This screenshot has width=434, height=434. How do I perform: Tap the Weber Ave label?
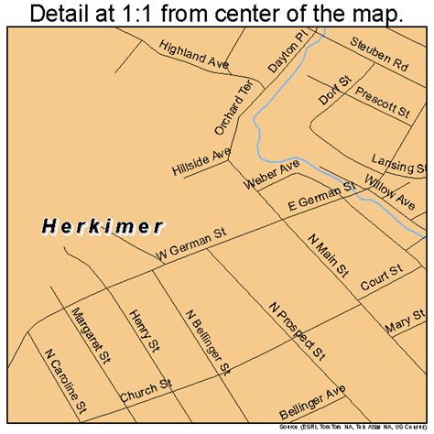(273, 174)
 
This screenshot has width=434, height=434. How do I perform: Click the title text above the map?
(217, 14)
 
